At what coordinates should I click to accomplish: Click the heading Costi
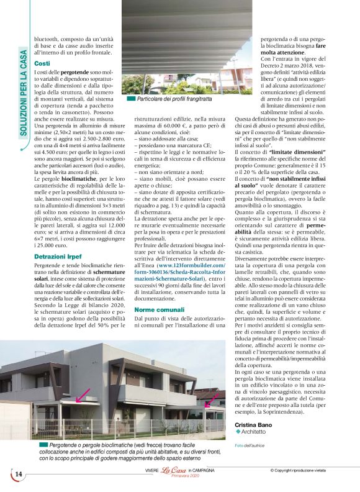[x=42, y=64]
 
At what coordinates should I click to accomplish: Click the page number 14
[x=18, y=475]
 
